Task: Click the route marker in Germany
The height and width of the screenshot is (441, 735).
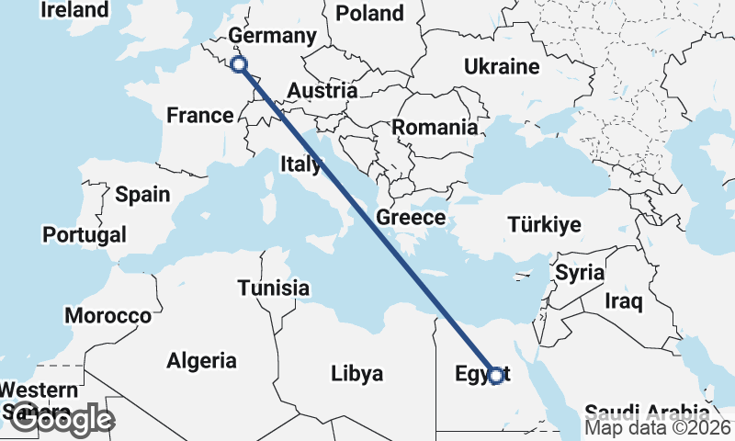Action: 239,63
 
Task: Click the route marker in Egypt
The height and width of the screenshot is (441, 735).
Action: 496,375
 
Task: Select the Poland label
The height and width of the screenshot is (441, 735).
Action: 370,13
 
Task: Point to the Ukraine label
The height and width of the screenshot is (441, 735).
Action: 501,67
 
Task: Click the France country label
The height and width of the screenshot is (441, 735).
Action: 200,116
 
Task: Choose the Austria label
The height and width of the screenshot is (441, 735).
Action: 322,91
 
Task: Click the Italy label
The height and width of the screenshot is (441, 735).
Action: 300,165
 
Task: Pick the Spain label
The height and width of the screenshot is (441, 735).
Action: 142,195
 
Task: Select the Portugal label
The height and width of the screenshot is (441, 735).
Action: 85,235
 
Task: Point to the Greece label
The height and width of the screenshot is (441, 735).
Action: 411,219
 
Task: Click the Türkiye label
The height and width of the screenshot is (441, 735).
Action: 545,225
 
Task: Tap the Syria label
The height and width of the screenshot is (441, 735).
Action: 580,273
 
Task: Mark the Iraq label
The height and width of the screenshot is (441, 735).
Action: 624,300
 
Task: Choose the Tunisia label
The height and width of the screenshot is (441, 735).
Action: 273,288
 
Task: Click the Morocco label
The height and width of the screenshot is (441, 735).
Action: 107,316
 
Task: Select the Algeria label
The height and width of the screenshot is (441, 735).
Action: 201,361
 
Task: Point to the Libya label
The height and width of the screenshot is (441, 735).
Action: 356,374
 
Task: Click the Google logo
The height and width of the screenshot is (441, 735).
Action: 62,419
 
